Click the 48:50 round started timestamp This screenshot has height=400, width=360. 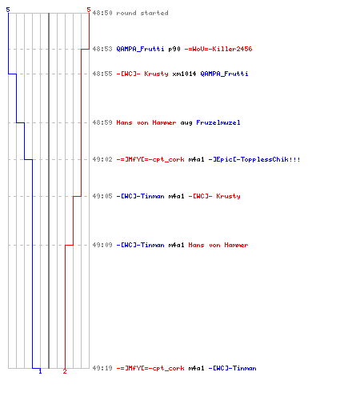click(x=102, y=13)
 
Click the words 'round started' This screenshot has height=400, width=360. click(x=142, y=13)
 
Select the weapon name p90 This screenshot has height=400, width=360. click(x=174, y=49)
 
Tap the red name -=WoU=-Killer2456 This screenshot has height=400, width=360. click(x=218, y=49)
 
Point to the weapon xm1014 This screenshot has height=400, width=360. click(x=184, y=74)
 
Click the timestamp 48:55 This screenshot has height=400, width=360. click(x=102, y=74)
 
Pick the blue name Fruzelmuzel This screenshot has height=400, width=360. click(x=218, y=122)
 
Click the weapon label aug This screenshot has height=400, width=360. click(x=186, y=123)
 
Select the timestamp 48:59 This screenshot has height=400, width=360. click(x=102, y=122)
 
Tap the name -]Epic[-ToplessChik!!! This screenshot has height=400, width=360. click(x=254, y=159)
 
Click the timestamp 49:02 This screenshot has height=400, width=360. click(x=102, y=159)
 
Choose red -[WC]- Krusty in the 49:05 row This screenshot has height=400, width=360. click(x=214, y=196)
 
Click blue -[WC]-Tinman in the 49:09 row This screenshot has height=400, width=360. click(x=140, y=245)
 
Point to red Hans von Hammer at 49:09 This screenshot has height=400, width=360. click(x=218, y=245)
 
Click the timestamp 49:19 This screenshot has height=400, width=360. click(x=102, y=368)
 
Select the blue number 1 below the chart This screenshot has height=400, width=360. click(x=40, y=371)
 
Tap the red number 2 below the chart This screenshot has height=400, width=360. click(x=65, y=371)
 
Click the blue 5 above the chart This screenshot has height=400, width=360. click(x=8, y=10)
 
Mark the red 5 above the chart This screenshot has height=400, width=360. click(x=89, y=10)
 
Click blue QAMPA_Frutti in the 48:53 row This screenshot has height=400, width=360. click(x=140, y=49)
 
